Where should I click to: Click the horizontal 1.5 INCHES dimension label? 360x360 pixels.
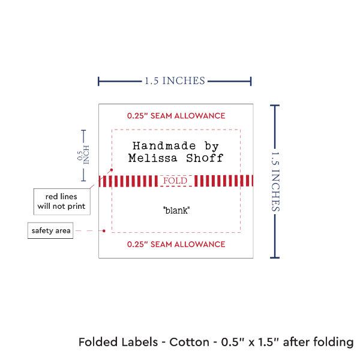[x=175, y=80]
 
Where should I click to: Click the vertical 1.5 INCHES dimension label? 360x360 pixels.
[x=277, y=181]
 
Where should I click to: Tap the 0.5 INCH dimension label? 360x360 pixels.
[x=84, y=155]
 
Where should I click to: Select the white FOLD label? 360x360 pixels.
[x=176, y=181]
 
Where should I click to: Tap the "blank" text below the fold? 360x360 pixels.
[x=176, y=211]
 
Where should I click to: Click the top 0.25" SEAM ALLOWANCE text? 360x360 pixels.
[x=176, y=115]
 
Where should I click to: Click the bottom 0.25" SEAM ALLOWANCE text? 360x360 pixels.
[x=176, y=244]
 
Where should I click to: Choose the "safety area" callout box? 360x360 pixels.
[x=51, y=230]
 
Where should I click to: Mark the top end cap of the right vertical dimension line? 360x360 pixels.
[x=275, y=106]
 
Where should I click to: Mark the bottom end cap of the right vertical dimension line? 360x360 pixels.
[x=275, y=257]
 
